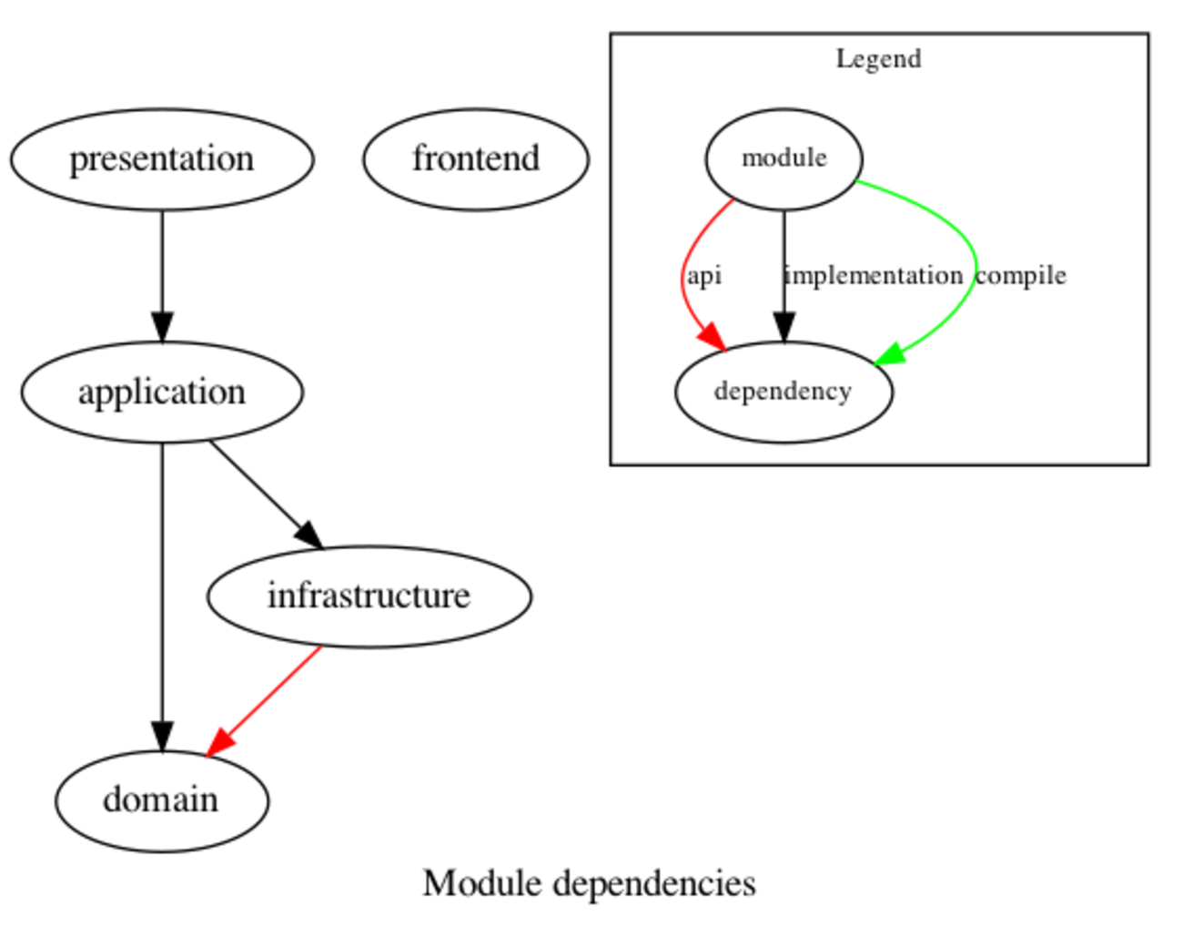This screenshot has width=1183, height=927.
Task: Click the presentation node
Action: coord(162,159)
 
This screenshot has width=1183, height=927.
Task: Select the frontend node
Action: coord(476,159)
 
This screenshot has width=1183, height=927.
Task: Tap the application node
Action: coord(162,392)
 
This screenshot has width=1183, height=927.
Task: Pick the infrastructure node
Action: coord(369,596)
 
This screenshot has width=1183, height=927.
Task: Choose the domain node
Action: coord(161,800)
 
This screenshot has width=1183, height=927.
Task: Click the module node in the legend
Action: coord(784,159)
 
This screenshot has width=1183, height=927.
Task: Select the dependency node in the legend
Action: coord(783,392)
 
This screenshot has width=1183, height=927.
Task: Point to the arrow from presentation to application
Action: coord(162,273)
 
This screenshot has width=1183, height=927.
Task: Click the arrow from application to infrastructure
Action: coord(264,493)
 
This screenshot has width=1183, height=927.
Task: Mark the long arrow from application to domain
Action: coord(162,592)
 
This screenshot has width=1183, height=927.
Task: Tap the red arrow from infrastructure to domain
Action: coord(268,697)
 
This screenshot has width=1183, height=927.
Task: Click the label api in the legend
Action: coord(704,275)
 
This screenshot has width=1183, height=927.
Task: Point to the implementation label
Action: coord(875,275)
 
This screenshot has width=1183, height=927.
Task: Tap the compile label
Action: coord(1020,275)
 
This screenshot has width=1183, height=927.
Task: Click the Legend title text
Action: coord(878,59)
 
